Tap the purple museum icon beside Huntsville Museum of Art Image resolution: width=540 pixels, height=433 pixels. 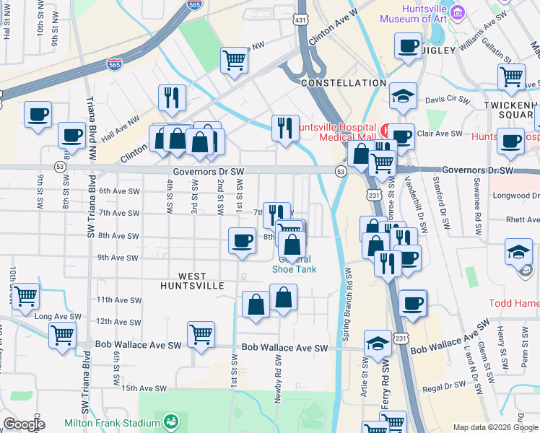coord(457,12)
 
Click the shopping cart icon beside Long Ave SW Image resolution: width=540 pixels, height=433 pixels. coord(63,335)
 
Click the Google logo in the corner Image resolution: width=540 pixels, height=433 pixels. coord(24,424)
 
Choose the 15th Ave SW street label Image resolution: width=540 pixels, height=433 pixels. coord(139,388)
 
